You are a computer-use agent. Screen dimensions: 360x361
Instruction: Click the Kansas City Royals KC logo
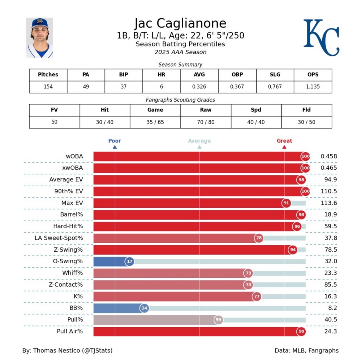[x=321, y=37]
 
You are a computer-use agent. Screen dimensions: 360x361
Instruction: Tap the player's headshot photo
[x=39, y=37]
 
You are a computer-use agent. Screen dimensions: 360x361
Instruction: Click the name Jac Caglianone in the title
[x=180, y=23]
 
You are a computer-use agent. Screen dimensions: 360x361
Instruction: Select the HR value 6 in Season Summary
[x=161, y=86]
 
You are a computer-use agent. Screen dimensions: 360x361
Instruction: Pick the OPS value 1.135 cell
[x=313, y=86]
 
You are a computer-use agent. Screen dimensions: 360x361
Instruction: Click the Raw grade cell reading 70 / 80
[x=206, y=122]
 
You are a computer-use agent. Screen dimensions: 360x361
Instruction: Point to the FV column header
[x=54, y=110]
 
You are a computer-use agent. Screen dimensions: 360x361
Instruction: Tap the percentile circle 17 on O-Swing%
[x=130, y=262]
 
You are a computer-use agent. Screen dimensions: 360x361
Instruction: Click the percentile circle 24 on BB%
[x=144, y=308]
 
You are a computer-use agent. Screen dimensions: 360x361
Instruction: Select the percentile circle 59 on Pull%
[x=219, y=320]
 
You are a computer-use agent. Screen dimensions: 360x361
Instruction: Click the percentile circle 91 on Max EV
[x=287, y=203]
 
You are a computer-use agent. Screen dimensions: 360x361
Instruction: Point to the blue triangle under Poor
[x=115, y=147]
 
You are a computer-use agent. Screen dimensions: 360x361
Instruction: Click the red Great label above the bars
[x=284, y=141]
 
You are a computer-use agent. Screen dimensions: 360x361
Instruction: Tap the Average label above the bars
[x=199, y=141]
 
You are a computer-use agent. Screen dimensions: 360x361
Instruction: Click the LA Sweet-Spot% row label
[x=59, y=238]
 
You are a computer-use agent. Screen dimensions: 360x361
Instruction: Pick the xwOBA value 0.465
[x=329, y=168]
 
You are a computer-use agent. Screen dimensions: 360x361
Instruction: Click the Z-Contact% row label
[x=66, y=284]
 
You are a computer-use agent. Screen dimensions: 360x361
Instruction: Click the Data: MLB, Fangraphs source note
[x=306, y=350]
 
